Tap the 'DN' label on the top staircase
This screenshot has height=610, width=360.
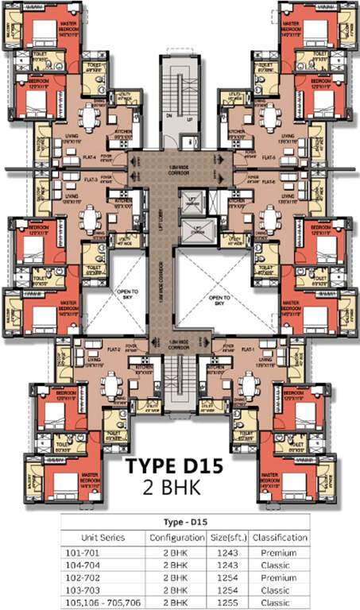pos(168,115)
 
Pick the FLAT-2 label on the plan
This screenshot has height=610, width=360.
pos(114,349)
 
